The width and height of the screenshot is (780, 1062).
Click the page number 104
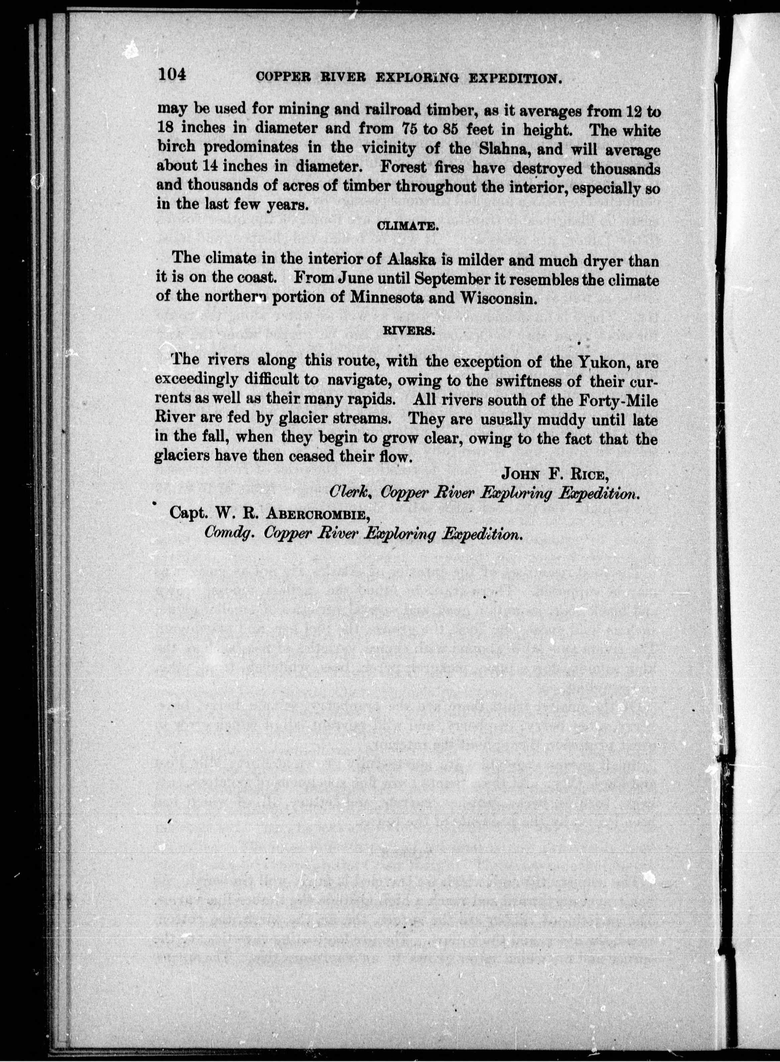(173, 75)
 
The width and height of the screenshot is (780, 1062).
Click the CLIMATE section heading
(408, 226)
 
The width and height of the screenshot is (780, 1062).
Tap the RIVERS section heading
(408, 331)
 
